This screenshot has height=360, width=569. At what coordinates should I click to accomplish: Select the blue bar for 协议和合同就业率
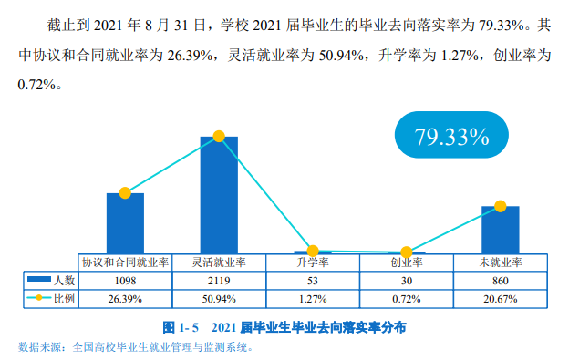(x=125, y=222)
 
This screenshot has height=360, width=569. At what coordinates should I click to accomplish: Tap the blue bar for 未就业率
(x=500, y=230)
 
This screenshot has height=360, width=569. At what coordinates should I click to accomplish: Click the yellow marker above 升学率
(x=313, y=251)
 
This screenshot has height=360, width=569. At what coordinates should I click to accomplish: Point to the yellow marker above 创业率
(x=407, y=252)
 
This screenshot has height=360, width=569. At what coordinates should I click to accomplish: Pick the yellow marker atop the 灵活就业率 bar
(x=219, y=137)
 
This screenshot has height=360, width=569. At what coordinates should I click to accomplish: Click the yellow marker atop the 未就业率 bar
(x=500, y=207)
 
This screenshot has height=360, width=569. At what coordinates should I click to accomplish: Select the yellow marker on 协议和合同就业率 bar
(x=125, y=193)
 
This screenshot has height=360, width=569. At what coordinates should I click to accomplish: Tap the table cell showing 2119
(x=219, y=281)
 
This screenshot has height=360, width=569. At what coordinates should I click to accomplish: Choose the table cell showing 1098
(x=125, y=281)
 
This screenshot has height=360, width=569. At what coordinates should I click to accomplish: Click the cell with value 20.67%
(x=500, y=298)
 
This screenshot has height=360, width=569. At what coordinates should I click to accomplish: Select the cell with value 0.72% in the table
(x=407, y=298)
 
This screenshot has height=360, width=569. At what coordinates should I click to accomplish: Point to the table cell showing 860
(x=500, y=281)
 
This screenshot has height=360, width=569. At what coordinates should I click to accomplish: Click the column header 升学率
(x=313, y=262)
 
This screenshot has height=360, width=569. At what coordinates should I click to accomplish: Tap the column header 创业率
(x=407, y=262)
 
